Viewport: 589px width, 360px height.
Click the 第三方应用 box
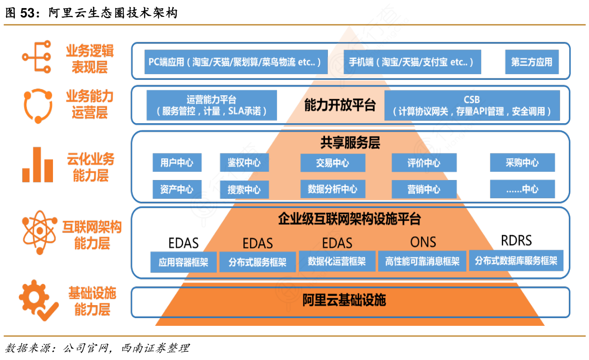(532, 62)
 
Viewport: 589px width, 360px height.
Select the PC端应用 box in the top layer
(236, 62)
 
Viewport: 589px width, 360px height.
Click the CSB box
(472, 105)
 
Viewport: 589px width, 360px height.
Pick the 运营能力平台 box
(211, 105)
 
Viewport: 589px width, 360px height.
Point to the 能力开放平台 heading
(340, 105)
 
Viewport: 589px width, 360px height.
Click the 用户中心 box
(177, 163)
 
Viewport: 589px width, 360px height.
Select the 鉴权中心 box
(244, 163)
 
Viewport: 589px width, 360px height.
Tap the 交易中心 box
(332, 163)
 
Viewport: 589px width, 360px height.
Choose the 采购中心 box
(522, 163)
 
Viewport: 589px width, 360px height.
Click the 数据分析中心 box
(332, 189)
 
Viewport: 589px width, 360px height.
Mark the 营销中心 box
(424, 189)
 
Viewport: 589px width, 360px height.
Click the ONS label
(423, 242)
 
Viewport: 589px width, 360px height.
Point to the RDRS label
(516, 240)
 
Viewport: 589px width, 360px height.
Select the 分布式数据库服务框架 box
(516, 261)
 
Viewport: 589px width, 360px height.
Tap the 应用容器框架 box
(183, 262)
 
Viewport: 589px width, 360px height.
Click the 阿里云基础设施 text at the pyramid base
(344, 301)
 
